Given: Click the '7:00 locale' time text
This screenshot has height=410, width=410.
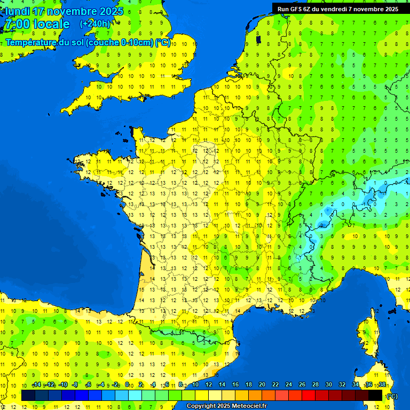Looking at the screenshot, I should click(36, 24).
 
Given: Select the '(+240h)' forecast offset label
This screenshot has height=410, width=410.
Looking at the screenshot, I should click(96, 23).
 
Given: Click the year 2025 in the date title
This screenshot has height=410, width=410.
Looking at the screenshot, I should click(112, 11).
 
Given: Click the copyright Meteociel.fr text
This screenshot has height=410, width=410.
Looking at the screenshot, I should click(226, 406).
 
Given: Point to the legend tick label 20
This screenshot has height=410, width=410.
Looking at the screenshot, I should click(262, 385).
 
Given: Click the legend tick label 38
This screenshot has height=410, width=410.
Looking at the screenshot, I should click(382, 385).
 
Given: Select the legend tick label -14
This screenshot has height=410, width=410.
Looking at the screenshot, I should click(36, 385).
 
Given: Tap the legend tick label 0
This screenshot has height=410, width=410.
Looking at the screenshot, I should click(127, 385).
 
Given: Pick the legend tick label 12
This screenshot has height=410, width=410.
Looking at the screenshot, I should click(208, 385).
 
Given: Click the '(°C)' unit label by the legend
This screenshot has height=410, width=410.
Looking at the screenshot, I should click(392, 396).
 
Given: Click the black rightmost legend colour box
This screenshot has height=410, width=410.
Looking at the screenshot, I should click(375, 396).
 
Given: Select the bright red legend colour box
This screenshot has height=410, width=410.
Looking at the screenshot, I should click(309, 396).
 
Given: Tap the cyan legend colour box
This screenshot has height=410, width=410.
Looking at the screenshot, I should click(135, 396).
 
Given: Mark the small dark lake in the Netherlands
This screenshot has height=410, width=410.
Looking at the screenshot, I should click(258, 39).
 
